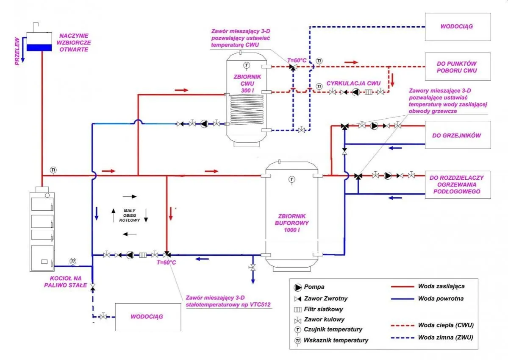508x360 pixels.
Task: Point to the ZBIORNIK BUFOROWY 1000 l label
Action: click(291, 222)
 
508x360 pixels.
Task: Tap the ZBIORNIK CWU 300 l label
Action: click(247, 84)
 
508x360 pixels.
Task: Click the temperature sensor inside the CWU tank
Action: click(247, 65)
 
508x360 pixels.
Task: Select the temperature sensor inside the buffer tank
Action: click(291, 179)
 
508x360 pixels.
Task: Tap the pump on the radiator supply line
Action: click(374, 126)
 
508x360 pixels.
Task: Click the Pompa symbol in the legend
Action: click(297, 287)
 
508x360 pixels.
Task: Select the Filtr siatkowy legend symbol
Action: click(297, 309)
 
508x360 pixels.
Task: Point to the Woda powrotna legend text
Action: click(440, 299)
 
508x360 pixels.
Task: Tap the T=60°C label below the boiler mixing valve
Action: click(166, 263)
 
